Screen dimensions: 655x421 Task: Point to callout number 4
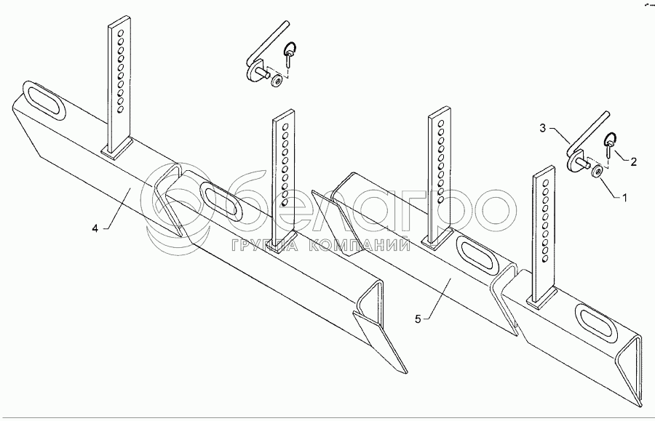[x=95, y=228]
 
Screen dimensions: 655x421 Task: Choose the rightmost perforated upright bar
[x=544, y=233]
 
